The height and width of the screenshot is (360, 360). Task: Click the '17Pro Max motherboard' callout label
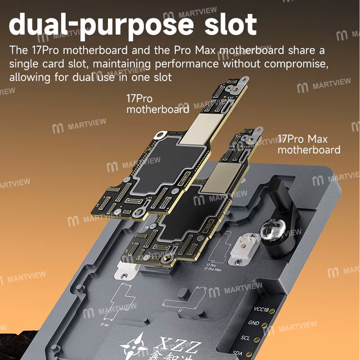pyautogui.click(x=309, y=144)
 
